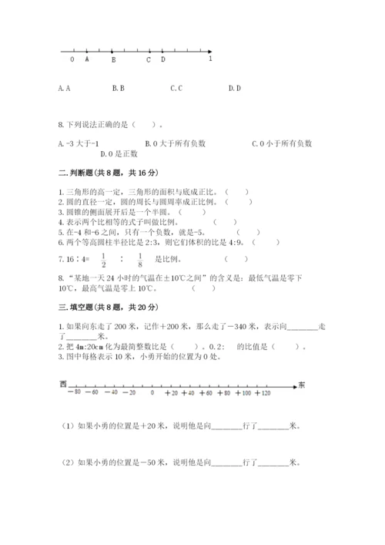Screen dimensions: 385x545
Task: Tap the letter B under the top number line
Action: (113, 59)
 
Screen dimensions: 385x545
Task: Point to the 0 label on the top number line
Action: (72, 59)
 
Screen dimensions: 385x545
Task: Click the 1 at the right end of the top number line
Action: (210, 59)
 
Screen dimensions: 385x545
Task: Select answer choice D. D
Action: (235, 88)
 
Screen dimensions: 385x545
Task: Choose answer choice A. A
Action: (64, 88)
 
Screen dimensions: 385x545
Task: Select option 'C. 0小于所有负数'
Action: (283, 143)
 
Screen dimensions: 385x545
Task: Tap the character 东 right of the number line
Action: (303, 384)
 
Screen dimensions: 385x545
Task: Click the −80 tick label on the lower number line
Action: (73, 393)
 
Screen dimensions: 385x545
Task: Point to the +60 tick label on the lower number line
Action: (206, 393)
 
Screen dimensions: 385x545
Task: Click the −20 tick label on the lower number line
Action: (129, 393)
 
